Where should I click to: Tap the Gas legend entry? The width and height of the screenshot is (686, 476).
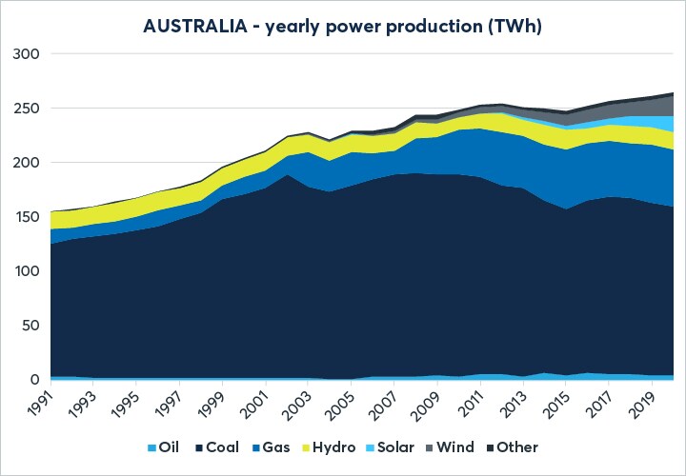(x=278, y=446)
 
